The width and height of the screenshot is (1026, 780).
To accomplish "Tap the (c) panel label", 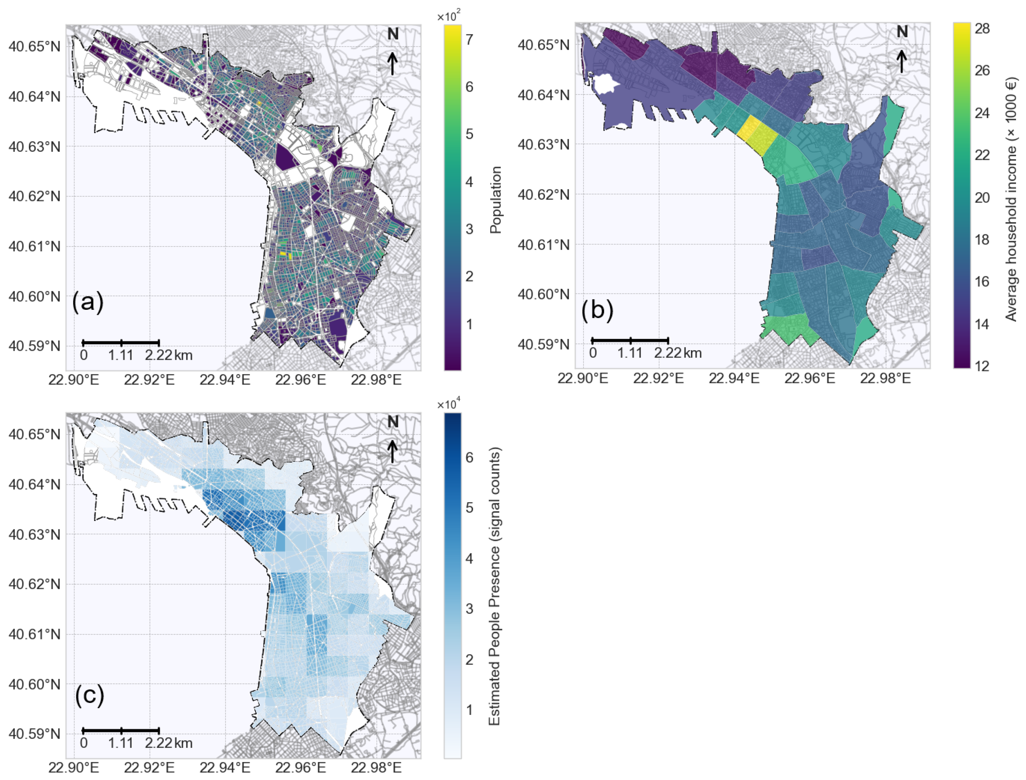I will coord(89,695).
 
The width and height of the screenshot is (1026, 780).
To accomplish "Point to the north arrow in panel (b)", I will coord(901,61).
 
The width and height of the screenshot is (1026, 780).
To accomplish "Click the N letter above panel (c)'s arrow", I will coord(393,421).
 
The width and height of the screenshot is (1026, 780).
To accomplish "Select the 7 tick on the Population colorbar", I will coord(470,39).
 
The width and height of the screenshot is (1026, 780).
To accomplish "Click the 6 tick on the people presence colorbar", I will coord(470,457).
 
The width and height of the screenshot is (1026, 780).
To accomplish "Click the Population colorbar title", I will coord(496,200).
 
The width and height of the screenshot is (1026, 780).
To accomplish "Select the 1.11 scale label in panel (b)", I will coord(630,353).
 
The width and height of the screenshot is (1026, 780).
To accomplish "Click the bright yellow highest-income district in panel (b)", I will coord(748,129).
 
